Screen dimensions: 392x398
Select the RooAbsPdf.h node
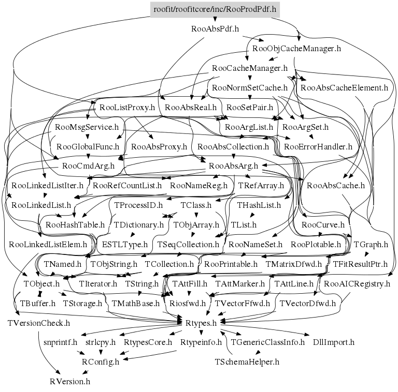(x=215, y=29)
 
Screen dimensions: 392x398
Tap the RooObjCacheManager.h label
(x=296, y=49)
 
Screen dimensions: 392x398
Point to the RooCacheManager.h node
(x=250, y=68)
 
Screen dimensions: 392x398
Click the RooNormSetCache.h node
(x=250, y=88)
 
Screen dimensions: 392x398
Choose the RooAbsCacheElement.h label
(x=344, y=88)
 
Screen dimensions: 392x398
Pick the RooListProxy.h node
(x=127, y=108)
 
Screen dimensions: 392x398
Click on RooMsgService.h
(x=87, y=127)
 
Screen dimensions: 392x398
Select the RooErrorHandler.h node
(x=318, y=147)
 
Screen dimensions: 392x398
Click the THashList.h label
(x=259, y=205)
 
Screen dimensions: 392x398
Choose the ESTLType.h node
(x=124, y=244)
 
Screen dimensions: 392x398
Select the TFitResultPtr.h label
(x=360, y=264)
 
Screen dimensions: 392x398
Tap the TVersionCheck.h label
(x=39, y=323)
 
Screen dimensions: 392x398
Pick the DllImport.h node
(x=334, y=342)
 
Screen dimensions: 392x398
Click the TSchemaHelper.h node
(x=247, y=361)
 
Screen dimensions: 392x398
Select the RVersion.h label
(x=70, y=381)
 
